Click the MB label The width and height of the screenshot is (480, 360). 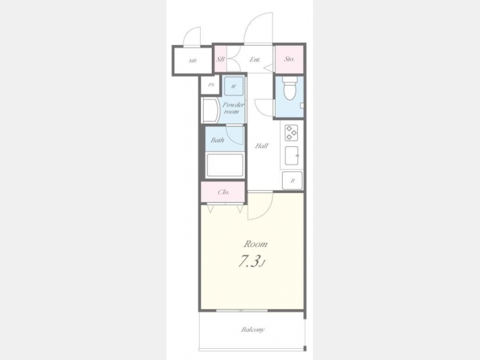coord(192,61)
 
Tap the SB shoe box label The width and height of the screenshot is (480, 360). coord(220,59)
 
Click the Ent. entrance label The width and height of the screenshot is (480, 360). coord(255,59)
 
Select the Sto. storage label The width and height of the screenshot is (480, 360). coord(289,59)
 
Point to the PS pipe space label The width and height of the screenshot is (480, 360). coord(211,85)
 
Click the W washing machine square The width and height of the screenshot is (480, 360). coord(234,86)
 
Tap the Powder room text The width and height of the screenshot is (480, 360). coord(233,108)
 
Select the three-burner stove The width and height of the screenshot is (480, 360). coord(291,133)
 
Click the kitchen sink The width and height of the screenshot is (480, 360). coord(291,156)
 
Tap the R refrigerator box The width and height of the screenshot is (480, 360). coord(292,181)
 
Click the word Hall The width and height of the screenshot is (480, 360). coord(262,146)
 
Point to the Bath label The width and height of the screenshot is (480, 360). coord(218,140)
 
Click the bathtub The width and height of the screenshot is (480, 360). coord(225,165)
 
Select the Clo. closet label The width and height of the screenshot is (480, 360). coord(223,192)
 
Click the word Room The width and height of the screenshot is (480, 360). coord(255,244)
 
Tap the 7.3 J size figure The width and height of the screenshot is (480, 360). coord(251,262)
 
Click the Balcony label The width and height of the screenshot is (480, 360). coord(253,330)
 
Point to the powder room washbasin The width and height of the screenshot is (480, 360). coord(211,110)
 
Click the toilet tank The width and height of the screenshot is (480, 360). coord(290,80)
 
